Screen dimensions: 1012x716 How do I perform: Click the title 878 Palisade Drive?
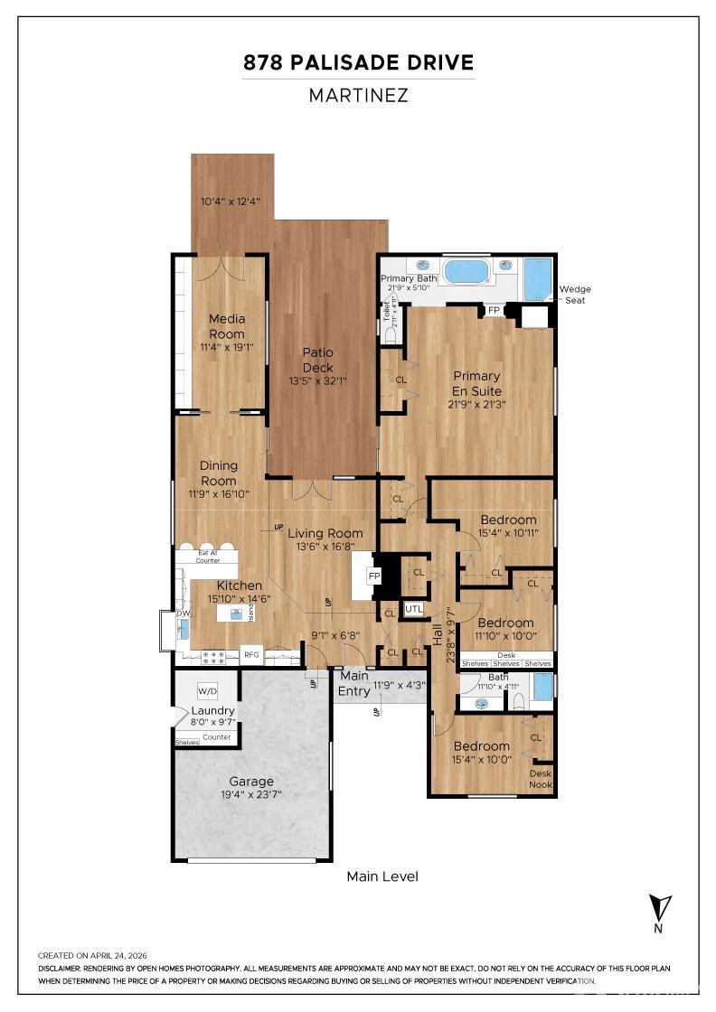[358, 62]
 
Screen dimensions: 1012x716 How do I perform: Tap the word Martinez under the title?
[358, 95]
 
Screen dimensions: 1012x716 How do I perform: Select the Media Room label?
[227, 326]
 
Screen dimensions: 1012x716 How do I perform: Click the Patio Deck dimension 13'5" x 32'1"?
[317, 381]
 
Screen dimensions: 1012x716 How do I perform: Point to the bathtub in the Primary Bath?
[466, 271]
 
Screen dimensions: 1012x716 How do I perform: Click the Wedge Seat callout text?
[575, 295]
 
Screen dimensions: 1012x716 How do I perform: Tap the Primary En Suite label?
[476, 383]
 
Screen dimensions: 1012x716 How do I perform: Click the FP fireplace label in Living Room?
[373, 576]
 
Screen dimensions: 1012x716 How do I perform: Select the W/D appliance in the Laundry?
[207, 691]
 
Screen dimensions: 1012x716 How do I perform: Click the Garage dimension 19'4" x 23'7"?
[251, 796]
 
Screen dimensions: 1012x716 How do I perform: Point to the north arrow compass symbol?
[660, 906]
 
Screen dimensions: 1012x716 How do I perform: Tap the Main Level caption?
[382, 876]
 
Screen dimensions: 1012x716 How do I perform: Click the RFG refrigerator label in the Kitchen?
[251, 655]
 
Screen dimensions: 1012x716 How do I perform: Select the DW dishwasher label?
[184, 614]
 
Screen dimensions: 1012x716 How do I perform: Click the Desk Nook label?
[540, 779]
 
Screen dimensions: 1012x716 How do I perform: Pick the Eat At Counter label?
[209, 556]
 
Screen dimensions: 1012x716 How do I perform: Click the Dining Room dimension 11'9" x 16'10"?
[218, 494]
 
